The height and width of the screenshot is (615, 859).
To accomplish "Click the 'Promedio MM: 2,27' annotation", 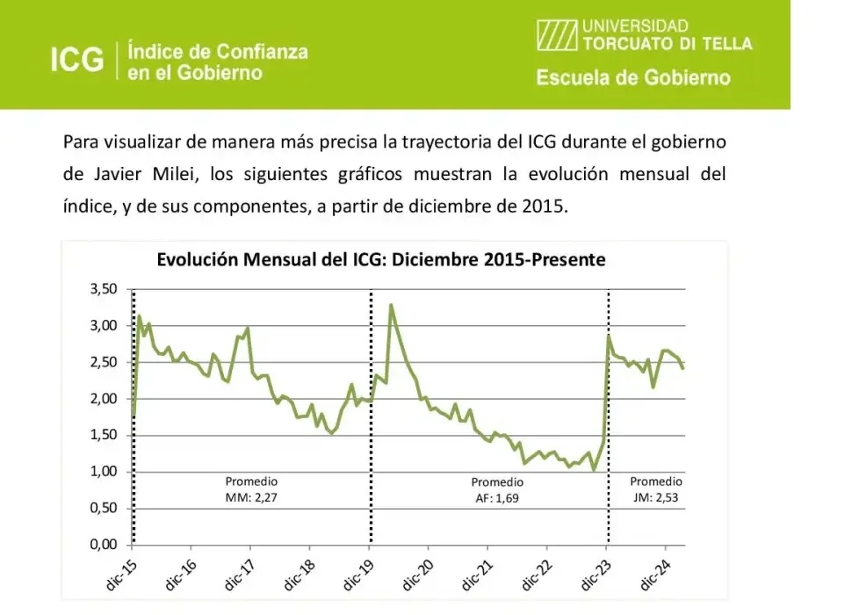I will (251, 489).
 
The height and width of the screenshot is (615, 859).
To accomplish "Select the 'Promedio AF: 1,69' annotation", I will (497, 490).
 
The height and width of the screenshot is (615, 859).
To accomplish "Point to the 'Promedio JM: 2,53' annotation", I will (655, 489).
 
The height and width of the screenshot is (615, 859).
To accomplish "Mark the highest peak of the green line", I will (390, 305).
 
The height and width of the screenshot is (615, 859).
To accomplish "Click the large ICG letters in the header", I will (76, 60).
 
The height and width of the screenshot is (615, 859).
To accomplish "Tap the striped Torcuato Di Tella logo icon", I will (557, 35).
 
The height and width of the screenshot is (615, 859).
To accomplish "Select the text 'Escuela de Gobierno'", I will (632, 78).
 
